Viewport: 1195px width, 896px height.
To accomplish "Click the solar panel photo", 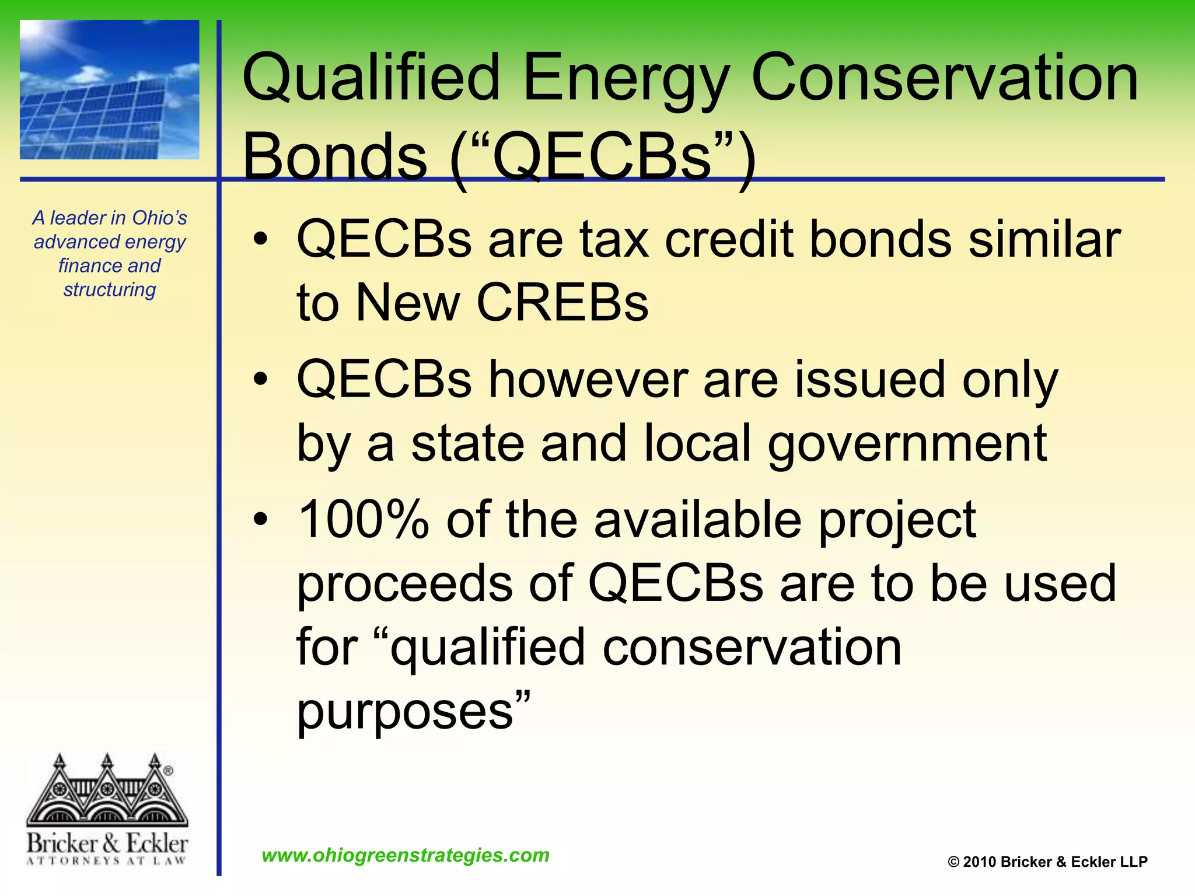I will point(110,90).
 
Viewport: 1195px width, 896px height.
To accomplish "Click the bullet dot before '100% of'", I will point(260,519).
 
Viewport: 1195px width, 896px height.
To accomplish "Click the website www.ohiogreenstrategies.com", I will point(406,855).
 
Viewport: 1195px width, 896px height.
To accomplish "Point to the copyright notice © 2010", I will point(1047,862).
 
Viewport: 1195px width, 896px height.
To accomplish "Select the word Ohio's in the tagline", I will point(159,218).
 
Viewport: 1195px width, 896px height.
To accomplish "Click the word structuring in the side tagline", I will point(110,289).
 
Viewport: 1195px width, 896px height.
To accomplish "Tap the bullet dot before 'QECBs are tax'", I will point(260,239).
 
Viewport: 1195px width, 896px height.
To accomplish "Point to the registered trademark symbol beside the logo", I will point(168,771).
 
